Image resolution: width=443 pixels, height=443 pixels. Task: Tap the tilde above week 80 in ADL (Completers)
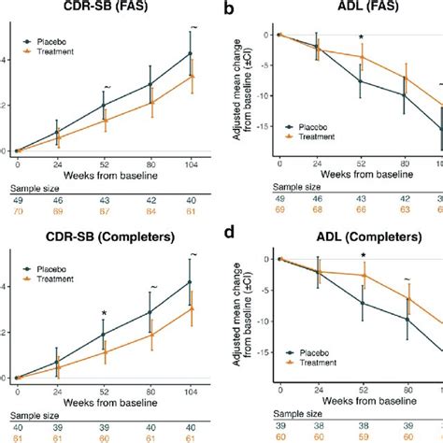click(407, 279)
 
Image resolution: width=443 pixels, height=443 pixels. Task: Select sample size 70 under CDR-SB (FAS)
click(19, 212)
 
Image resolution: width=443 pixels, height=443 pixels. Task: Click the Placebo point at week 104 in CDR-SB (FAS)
click(191, 54)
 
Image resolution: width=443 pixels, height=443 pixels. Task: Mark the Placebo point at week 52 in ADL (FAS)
click(361, 81)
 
